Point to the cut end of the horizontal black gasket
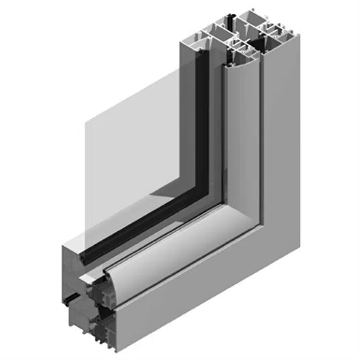pyautogui.click(x=84, y=258)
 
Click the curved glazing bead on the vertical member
pyautogui.click(x=243, y=133)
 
